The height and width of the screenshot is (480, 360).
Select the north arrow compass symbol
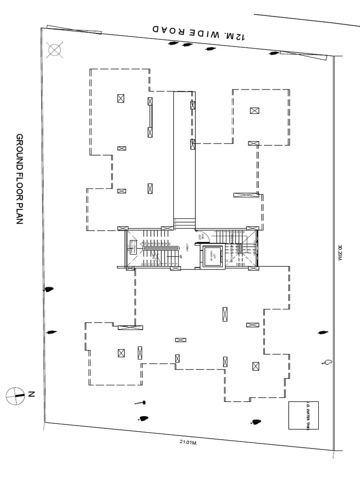[15, 395]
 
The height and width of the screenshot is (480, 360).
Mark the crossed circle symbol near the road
[56, 49]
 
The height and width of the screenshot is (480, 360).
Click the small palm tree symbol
[140, 402]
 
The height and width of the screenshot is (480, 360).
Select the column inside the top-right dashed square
[255, 111]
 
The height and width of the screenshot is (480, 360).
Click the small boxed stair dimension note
[133, 247]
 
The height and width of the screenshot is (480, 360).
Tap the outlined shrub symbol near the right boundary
[327, 362]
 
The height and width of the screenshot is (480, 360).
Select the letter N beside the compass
[31, 395]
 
